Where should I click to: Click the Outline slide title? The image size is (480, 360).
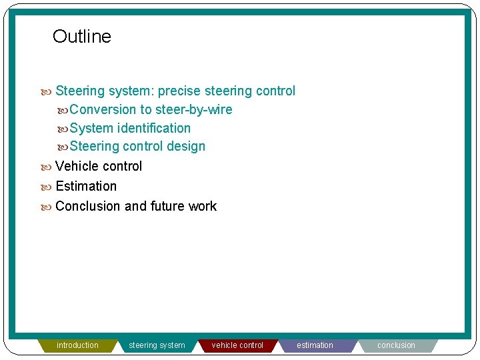tap(81, 37)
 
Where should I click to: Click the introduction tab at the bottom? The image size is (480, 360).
tap(77, 345)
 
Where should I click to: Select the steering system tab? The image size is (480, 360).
tap(157, 345)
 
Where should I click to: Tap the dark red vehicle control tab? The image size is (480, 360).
tap(237, 345)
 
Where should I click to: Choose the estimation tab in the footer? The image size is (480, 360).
tap(315, 345)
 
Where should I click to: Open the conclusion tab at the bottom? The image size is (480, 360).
tap(396, 345)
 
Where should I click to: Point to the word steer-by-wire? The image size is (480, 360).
tap(194, 109)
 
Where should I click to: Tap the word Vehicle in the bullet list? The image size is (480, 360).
tap(77, 166)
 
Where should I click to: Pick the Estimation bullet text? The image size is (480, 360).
tap(86, 186)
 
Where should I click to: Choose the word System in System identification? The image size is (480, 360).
tap(91, 128)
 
